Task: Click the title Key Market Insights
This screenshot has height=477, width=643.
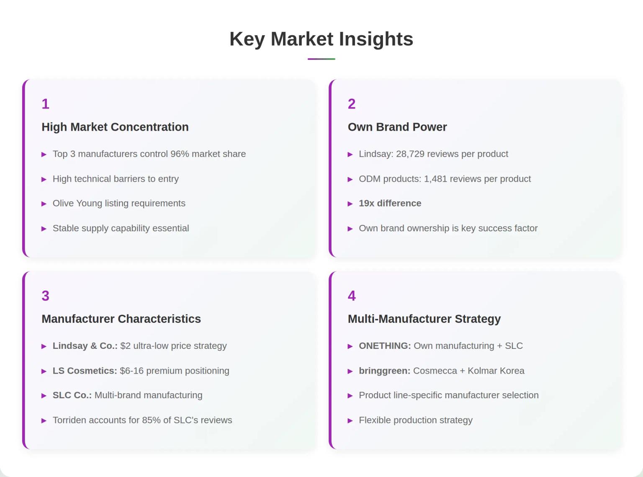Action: (321, 39)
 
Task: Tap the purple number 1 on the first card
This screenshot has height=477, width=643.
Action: (46, 104)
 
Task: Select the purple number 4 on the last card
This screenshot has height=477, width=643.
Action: (352, 296)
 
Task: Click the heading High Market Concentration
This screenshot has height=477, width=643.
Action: (115, 127)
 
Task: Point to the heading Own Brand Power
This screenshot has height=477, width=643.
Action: (397, 127)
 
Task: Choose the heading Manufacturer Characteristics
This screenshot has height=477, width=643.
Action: (121, 319)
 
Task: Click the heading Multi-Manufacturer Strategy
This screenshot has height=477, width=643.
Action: (424, 319)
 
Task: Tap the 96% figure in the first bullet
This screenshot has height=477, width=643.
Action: (180, 154)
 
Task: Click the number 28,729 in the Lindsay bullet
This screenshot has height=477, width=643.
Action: (410, 154)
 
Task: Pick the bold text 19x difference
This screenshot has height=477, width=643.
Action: (390, 204)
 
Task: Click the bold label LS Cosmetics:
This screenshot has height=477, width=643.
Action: (85, 371)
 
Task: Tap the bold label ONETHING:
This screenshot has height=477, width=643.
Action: (385, 346)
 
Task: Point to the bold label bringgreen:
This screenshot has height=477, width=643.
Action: (384, 371)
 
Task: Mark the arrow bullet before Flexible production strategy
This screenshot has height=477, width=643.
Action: (350, 421)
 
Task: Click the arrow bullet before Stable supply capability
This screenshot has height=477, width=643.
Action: (44, 229)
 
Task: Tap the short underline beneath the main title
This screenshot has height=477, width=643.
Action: (321, 59)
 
